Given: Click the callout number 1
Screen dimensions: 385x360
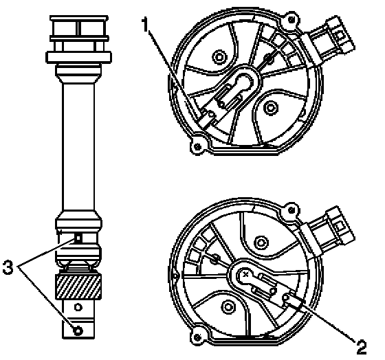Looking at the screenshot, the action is click(x=145, y=25).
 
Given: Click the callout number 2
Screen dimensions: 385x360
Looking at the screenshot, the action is click(x=361, y=347).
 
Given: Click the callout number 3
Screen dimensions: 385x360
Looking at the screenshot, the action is click(x=8, y=267).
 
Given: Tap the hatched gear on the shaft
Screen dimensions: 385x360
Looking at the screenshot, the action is click(x=78, y=286).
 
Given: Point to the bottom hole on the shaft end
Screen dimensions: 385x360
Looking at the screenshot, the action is click(x=78, y=330).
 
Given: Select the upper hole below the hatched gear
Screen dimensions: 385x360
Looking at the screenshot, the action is click(x=78, y=307).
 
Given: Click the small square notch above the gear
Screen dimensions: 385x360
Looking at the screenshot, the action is click(x=78, y=238).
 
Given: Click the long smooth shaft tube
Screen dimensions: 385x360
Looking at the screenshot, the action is click(x=78, y=147).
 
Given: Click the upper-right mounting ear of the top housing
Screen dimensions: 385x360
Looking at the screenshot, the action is click(x=291, y=20).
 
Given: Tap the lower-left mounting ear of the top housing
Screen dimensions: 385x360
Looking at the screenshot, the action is click(x=198, y=146).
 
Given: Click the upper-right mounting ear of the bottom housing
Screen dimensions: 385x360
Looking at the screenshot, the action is click(x=291, y=210).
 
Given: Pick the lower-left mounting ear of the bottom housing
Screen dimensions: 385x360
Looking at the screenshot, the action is click(x=197, y=337).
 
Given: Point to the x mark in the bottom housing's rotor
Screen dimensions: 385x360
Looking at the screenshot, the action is click(x=245, y=275).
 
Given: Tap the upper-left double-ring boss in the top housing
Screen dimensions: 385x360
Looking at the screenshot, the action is click(x=219, y=57).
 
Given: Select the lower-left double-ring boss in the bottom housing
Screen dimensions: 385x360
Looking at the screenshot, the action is click(x=228, y=307).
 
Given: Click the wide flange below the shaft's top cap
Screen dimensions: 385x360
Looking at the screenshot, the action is click(x=79, y=57).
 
